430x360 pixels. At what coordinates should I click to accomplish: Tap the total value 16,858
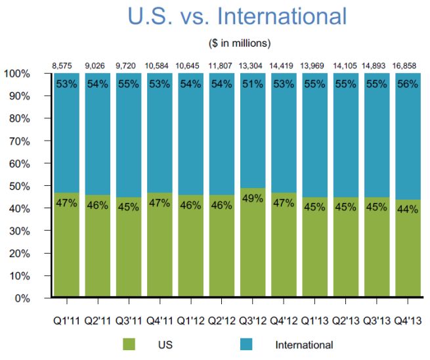(408, 64)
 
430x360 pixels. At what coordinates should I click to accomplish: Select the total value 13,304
(253, 64)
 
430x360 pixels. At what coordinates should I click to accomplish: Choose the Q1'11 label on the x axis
(66, 321)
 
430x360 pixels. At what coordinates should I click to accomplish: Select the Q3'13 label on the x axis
(377, 321)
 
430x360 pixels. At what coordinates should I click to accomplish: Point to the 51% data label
(253, 83)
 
